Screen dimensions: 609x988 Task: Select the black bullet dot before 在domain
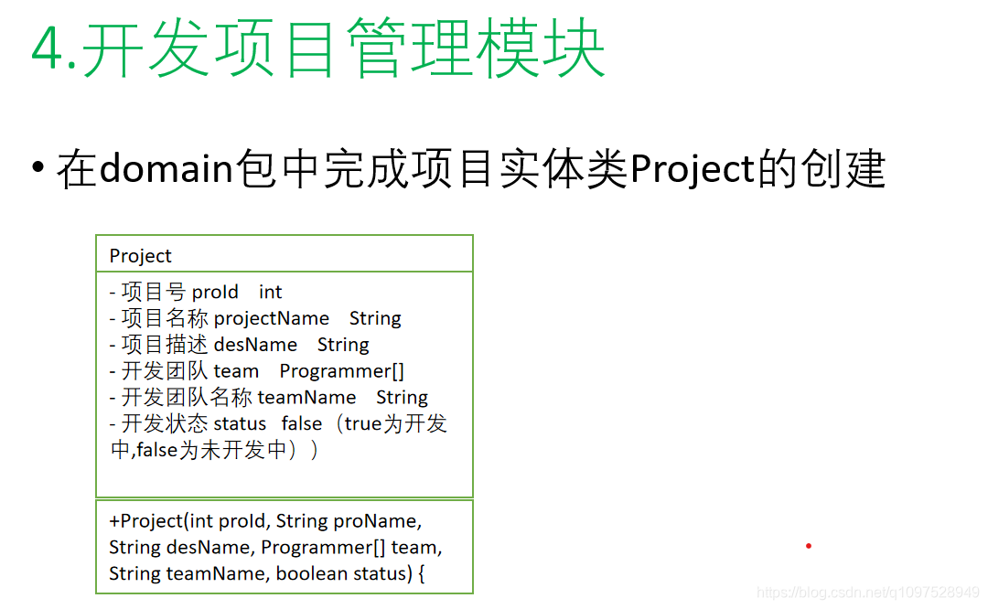[37, 168]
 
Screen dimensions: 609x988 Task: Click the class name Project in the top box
[140, 256]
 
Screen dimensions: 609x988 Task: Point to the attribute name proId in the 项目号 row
[215, 293]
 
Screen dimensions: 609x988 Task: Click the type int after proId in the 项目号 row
[271, 293]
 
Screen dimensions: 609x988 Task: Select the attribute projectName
[271, 319]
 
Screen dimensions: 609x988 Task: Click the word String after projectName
[375, 319]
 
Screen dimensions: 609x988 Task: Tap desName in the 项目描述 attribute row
[255, 345]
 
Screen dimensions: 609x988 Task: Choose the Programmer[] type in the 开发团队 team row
[341, 371]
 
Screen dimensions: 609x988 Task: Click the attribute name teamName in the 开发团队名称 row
[306, 398]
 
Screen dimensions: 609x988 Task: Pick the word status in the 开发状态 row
[240, 424]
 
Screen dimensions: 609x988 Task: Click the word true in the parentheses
[362, 424]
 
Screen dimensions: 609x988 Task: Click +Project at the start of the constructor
[145, 521]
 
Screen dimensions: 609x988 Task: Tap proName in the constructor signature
[375, 521]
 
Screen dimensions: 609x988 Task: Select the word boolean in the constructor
[312, 574]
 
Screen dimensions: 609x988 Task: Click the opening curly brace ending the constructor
[421, 574]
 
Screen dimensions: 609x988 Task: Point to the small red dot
[809, 546]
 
